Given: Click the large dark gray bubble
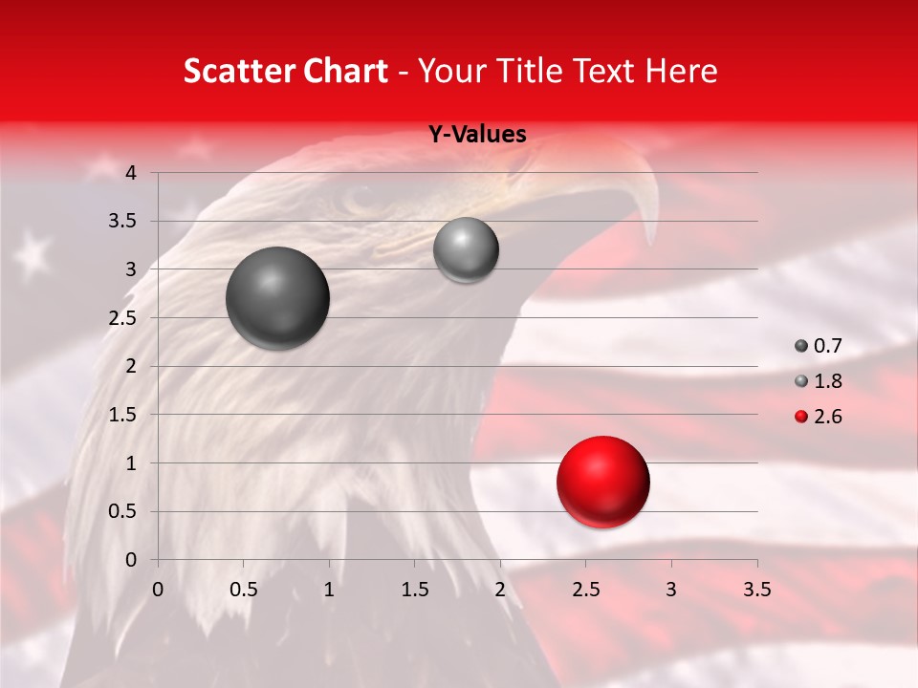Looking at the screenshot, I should [x=278, y=298].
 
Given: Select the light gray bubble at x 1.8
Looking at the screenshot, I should [x=466, y=250].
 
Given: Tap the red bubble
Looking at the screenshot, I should [x=603, y=482].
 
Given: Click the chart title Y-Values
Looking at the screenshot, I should [x=477, y=135].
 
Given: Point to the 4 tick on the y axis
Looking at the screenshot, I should [x=132, y=173].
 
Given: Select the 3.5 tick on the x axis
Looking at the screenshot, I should [x=757, y=590].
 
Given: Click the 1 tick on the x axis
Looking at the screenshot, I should [x=329, y=590].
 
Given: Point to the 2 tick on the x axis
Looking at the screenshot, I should [x=500, y=590].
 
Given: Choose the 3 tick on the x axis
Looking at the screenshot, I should [x=671, y=590].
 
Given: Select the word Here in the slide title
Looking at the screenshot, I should [x=681, y=71].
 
